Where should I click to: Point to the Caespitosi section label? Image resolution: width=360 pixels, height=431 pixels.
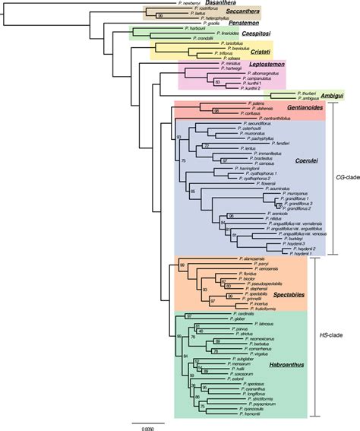pyautogui.click(x=220, y=34)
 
